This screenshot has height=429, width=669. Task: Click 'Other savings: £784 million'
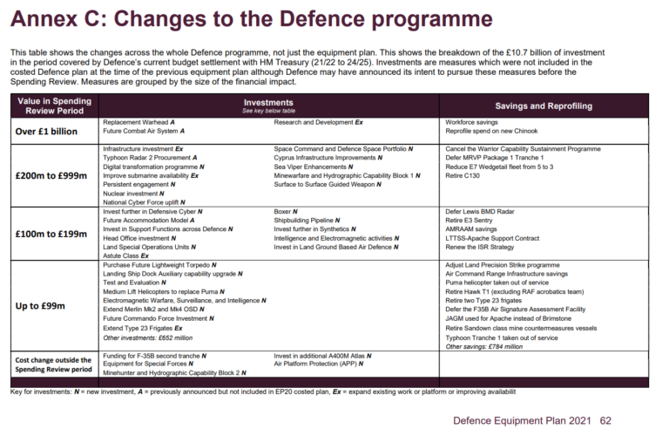click(485, 346)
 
